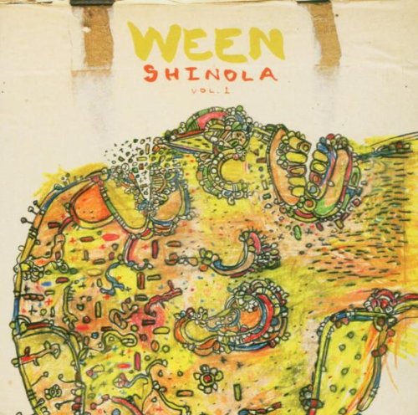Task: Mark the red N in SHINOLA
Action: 207,74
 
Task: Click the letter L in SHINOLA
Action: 248,74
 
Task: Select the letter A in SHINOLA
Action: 268,74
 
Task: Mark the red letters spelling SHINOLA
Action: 208,74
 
